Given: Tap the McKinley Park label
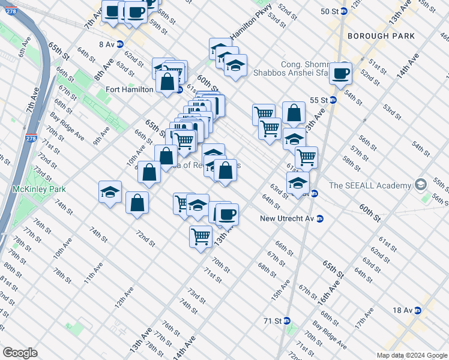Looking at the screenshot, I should coord(34,188).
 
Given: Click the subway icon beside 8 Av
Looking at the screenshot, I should coord(120,44).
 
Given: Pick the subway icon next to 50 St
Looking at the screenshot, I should coord(343,11).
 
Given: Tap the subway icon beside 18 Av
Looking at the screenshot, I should coord(417,310).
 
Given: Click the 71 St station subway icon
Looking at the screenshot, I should coord(287,321).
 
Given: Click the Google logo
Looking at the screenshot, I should coord(20,353).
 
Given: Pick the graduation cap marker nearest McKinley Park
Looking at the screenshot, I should coord(110,192).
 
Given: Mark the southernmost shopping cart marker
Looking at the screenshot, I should coord(200,236).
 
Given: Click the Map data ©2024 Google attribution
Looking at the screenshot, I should coord(411,355).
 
